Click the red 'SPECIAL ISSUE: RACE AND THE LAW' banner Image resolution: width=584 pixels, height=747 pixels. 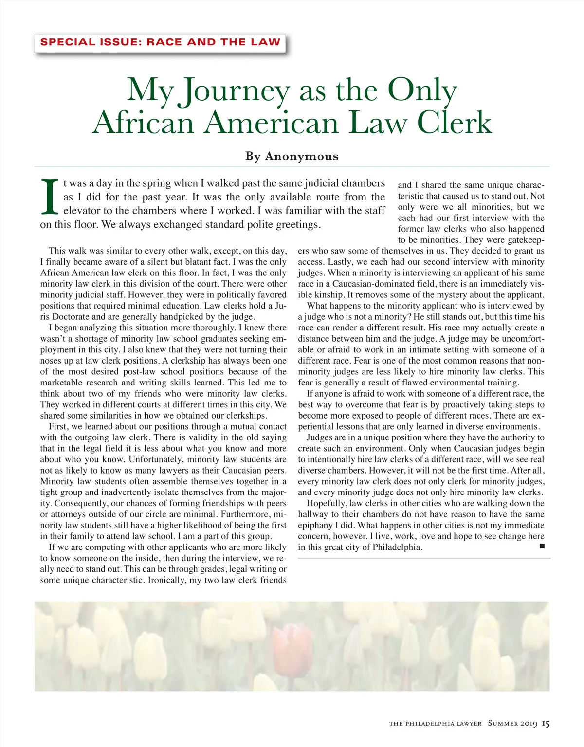160,42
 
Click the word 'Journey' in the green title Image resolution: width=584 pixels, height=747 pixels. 235,91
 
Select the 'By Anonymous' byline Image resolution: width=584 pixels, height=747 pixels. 292,156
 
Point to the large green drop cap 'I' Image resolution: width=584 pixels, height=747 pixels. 50,197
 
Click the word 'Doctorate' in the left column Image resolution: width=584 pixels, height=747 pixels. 68,317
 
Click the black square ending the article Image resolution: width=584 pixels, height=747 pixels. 542,547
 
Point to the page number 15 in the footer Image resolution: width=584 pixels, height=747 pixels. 546,724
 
